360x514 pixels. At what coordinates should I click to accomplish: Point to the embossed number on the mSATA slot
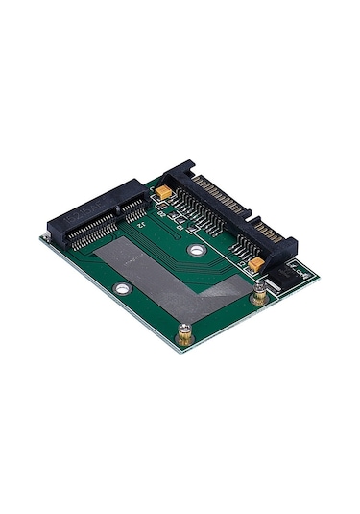(x=82, y=209)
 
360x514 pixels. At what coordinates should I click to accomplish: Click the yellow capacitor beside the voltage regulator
(x=256, y=262)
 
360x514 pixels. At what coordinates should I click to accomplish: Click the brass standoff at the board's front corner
(x=183, y=333)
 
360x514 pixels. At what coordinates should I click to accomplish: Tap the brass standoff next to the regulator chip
(x=257, y=299)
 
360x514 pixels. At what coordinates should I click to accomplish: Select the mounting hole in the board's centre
(x=196, y=250)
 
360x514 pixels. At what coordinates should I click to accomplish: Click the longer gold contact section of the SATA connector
(x=219, y=197)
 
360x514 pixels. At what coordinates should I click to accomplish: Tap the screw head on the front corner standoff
(x=183, y=330)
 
